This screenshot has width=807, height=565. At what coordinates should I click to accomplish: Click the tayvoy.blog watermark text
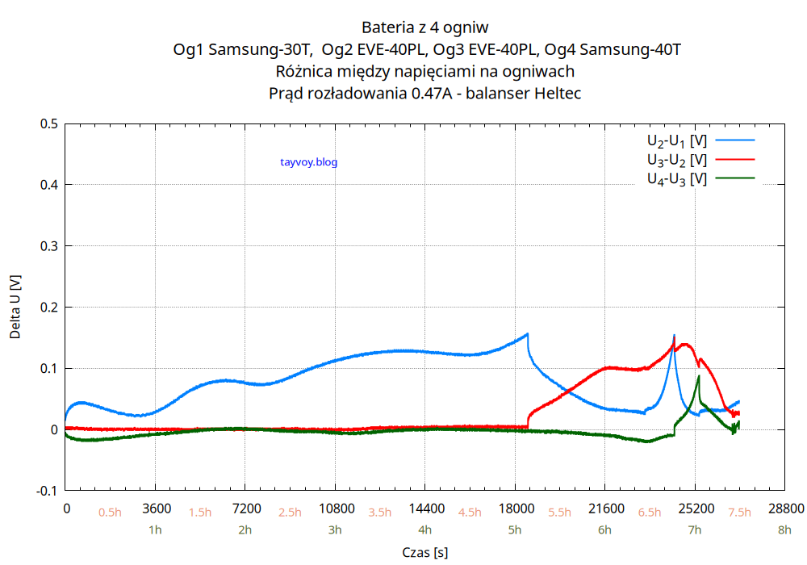(308, 162)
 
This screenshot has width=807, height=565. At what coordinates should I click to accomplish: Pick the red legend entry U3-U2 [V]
(676, 160)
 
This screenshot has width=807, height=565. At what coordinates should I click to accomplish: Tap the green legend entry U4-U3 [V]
(676, 178)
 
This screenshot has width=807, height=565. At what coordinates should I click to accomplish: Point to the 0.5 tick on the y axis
(48, 123)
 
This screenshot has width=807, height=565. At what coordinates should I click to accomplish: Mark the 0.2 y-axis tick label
(48, 308)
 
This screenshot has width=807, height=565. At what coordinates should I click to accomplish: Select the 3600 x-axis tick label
(156, 508)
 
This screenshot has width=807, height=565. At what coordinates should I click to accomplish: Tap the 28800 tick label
(785, 508)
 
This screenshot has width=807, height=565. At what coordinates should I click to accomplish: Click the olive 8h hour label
(784, 530)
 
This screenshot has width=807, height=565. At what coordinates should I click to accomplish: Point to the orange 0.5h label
(110, 513)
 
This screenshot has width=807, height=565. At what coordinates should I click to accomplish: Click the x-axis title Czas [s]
(425, 552)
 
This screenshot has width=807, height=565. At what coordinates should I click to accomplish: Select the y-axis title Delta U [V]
(15, 307)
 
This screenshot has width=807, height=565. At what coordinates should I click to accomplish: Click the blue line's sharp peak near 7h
(674, 335)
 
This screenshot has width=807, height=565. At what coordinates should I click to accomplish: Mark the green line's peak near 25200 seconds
(699, 376)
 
